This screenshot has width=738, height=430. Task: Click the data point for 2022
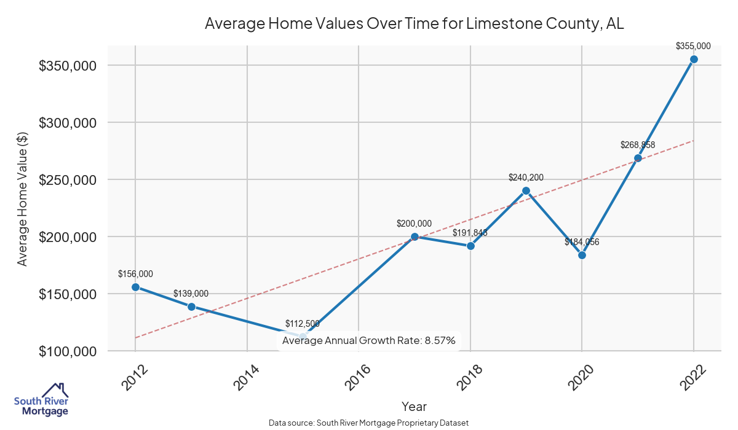tap(694, 59)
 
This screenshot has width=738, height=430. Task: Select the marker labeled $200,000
tap(415, 237)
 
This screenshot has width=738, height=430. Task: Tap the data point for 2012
tap(135, 287)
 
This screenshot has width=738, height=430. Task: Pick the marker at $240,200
tap(526, 190)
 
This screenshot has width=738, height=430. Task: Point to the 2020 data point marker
tap(582, 255)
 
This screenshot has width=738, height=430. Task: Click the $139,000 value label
tap(191, 294)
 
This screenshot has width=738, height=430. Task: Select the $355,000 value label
tap(693, 45)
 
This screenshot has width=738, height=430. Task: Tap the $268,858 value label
tap(637, 145)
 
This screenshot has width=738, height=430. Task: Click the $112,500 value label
tap(302, 324)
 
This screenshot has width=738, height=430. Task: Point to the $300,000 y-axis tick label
tap(68, 123)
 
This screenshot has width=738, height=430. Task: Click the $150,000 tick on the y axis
tap(68, 294)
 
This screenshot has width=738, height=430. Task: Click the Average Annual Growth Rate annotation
tap(368, 340)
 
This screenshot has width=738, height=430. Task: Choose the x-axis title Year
tap(414, 406)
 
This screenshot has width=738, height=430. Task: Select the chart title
tap(414, 24)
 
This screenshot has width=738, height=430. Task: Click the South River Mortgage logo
tap(41, 401)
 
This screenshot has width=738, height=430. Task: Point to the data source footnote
tap(368, 423)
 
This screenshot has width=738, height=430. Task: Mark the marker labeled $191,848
tap(470, 246)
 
